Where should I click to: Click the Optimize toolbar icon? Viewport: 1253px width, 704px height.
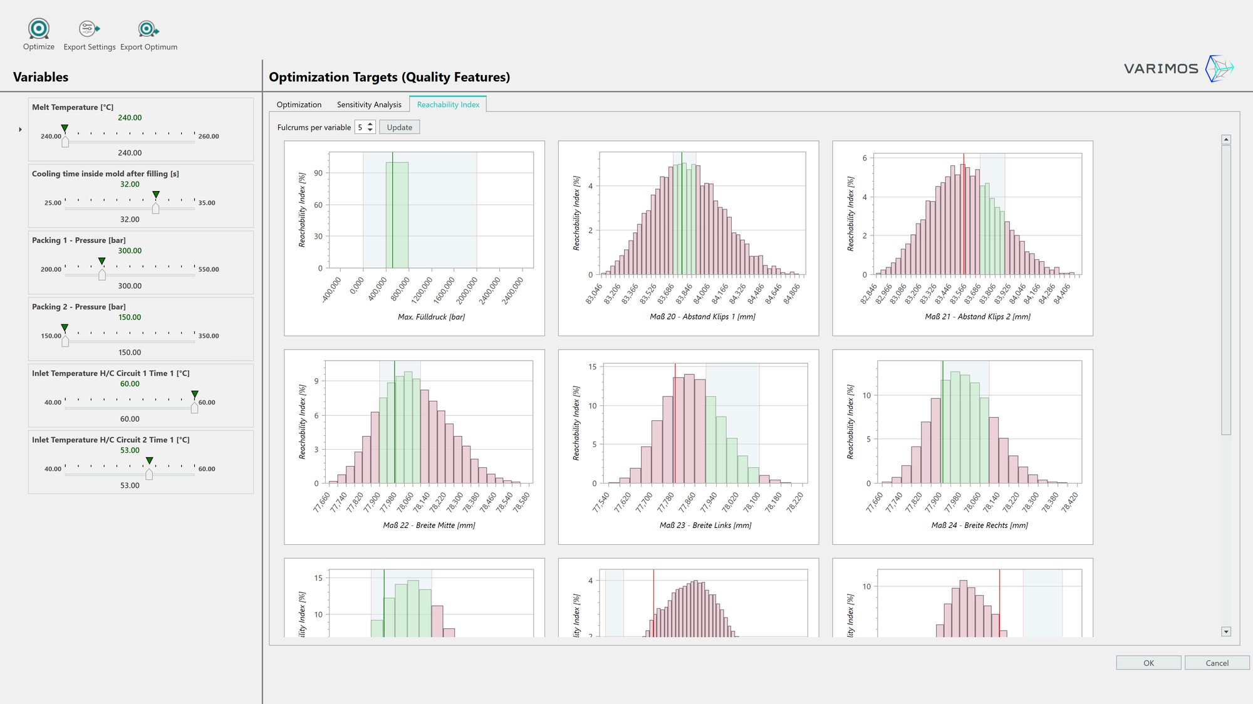click(39, 29)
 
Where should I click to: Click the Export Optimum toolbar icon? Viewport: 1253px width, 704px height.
click(148, 29)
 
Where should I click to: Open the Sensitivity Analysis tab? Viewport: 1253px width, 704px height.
click(369, 105)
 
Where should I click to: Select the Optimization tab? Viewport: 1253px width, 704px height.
click(299, 105)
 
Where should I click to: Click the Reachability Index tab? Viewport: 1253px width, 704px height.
click(448, 105)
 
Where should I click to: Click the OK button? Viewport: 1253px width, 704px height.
click(1148, 663)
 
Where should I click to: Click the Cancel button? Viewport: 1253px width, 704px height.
click(1217, 663)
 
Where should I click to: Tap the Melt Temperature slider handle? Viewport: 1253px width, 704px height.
click(65, 142)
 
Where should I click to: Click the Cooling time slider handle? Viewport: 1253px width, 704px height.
click(156, 209)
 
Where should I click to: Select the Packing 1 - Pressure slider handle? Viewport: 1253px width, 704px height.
click(102, 275)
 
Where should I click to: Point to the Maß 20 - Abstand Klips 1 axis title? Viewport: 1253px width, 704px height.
click(702, 317)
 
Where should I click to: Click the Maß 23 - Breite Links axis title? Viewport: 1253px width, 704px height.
click(705, 525)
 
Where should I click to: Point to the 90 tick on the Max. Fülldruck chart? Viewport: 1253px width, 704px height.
click(318, 173)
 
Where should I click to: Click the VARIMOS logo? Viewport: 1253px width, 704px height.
click(1178, 68)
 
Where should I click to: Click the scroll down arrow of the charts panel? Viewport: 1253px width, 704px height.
click(1226, 631)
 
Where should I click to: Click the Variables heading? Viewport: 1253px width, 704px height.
click(41, 77)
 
